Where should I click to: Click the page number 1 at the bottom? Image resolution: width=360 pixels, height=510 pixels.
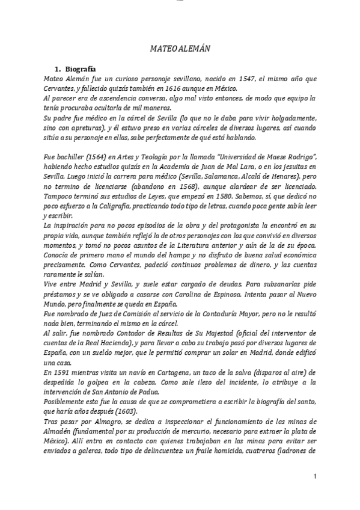coord(314,477)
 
